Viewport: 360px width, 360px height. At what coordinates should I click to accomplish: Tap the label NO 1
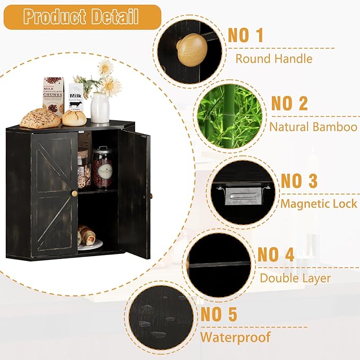pos(245,36)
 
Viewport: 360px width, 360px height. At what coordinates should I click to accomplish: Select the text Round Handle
pos(274,59)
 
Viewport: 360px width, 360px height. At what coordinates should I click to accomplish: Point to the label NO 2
pos(289,103)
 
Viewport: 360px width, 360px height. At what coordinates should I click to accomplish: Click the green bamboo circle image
pos(229,117)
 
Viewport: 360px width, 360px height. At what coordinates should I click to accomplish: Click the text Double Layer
pos(295,278)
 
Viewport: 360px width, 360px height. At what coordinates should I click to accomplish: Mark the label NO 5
pos(218,314)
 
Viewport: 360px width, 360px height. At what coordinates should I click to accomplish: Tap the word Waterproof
pos(235,337)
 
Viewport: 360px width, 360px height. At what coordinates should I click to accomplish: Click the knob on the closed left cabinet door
pos(74,193)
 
